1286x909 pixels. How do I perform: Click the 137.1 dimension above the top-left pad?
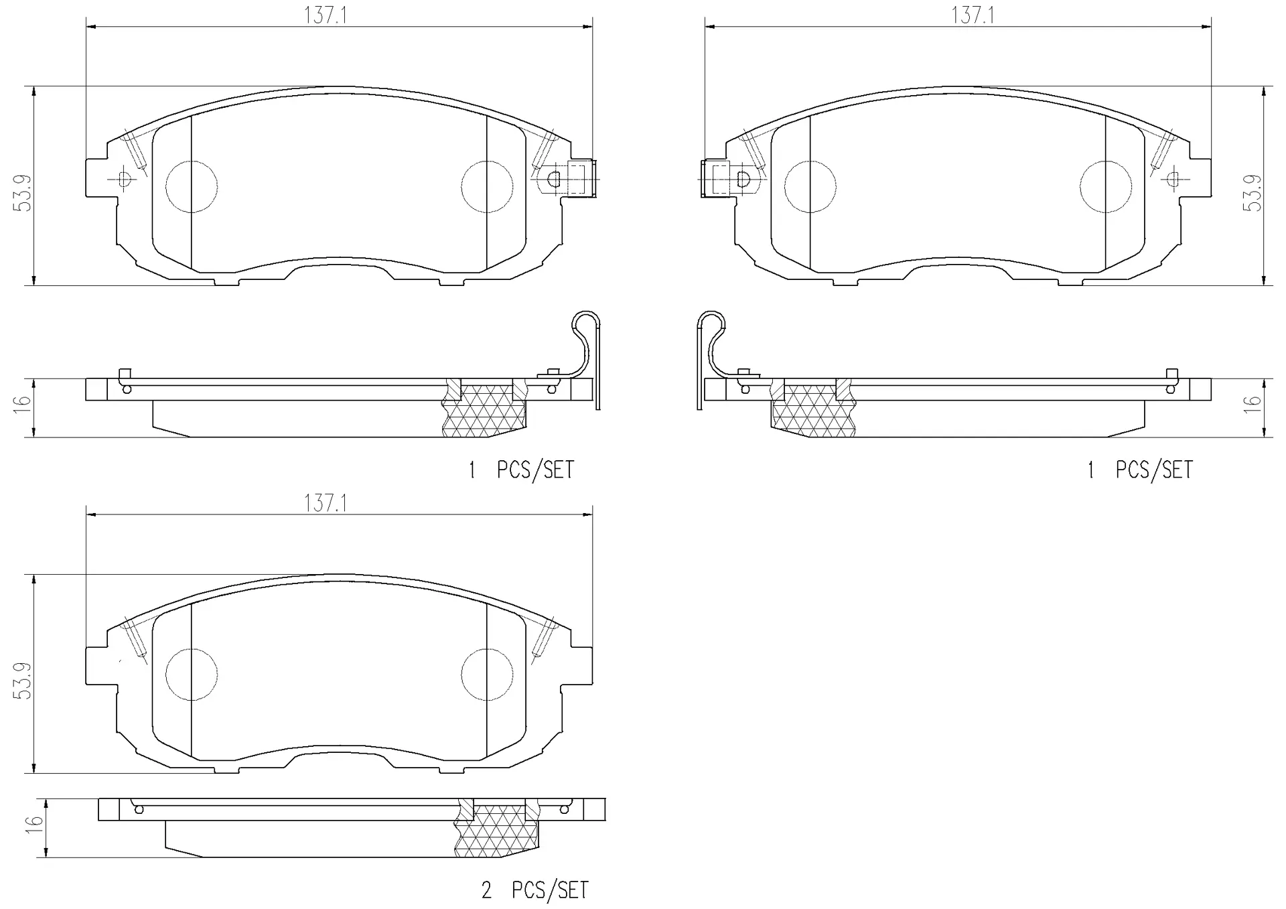(326, 15)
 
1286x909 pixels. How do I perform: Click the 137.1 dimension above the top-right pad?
(973, 15)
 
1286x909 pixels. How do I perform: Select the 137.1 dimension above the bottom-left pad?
(326, 503)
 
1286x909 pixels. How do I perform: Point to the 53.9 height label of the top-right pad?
(1252, 194)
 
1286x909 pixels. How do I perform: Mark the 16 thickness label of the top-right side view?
(1252, 402)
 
